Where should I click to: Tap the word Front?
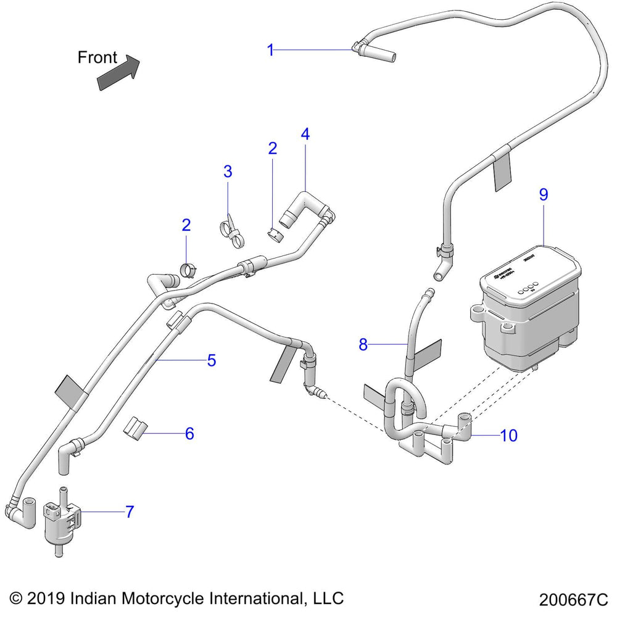(x=97, y=57)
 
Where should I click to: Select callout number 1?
(x=270, y=50)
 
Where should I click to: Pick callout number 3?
(x=228, y=172)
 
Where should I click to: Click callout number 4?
(x=305, y=133)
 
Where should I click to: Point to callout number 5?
(x=211, y=360)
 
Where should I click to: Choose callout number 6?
(x=189, y=434)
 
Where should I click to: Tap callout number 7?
(x=130, y=511)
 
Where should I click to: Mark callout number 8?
(x=363, y=344)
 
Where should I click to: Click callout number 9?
(x=544, y=194)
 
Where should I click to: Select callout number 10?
(x=508, y=436)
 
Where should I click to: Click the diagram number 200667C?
(x=573, y=599)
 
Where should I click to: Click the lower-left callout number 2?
(x=186, y=225)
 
